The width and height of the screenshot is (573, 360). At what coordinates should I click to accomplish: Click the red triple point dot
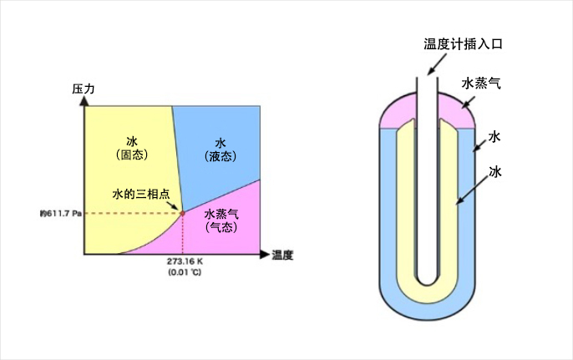[182, 213]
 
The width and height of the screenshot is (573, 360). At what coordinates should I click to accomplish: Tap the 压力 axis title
[83, 89]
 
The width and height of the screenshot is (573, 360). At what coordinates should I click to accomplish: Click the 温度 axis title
[282, 255]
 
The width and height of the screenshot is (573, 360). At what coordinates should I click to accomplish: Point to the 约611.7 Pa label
[61, 214]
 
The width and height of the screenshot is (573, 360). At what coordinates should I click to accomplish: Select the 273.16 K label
[185, 261]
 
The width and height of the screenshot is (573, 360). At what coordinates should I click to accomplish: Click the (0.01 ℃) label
[185, 272]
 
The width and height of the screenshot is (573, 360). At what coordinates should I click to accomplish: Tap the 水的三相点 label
[141, 194]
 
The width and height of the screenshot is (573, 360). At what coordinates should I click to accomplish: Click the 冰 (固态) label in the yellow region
[132, 148]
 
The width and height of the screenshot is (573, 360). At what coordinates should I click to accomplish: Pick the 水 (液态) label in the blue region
[221, 150]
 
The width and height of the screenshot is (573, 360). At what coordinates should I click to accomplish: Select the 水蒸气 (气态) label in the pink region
[221, 221]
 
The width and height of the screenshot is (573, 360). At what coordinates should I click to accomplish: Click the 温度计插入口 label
[463, 44]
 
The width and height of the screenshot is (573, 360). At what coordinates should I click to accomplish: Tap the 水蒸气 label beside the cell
[481, 84]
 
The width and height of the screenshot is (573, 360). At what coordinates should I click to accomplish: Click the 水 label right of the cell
[494, 137]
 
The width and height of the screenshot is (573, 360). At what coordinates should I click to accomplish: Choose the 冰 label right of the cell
[495, 171]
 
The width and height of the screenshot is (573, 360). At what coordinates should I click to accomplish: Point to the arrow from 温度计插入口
[437, 64]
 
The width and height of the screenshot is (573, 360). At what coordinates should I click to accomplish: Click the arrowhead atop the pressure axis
[84, 101]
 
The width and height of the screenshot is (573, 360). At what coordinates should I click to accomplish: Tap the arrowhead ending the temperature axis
[265, 255]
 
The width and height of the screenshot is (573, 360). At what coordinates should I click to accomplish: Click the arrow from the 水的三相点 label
[173, 205]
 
